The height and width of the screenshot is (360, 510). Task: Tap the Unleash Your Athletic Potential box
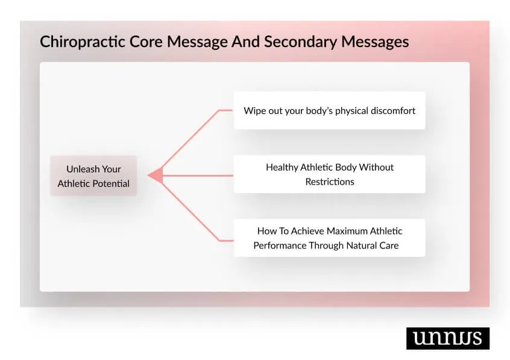[93, 176]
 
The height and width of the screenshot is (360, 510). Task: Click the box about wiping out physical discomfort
[329, 110]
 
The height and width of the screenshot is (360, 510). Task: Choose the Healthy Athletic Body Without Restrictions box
[329, 174]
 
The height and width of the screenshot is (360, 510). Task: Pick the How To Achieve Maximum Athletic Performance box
[329, 238]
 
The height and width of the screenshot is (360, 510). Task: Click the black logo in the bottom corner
[447, 338]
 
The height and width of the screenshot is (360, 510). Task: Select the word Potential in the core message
[111, 183]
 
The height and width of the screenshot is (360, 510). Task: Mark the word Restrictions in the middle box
[329, 182]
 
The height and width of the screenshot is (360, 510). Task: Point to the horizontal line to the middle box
[199, 175]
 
